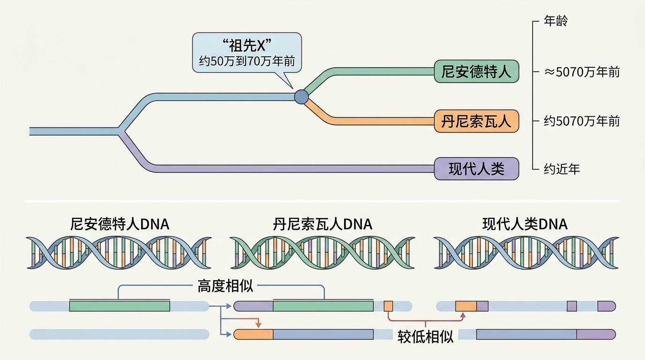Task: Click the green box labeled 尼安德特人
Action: [x=476, y=72]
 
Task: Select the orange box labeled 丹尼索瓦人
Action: [x=476, y=121]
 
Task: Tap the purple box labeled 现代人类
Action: [x=476, y=169]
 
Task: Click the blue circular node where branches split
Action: [x=301, y=97]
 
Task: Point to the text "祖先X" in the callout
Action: [x=247, y=46]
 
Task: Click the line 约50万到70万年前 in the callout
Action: [x=247, y=61]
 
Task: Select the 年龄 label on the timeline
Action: [x=556, y=21]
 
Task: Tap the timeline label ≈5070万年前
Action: [x=582, y=72]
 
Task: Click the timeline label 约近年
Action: [x=562, y=169]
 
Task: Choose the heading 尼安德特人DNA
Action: [x=120, y=225]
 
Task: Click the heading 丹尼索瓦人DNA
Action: [x=322, y=225]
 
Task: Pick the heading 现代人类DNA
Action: [x=525, y=225]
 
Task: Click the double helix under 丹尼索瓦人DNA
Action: [x=322, y=252]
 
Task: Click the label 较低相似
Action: [x=425, y=337]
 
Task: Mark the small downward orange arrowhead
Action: [x=257, y=324]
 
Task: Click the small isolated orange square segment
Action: [x=388, y=306]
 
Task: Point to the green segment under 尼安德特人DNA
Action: [x=120, y=306]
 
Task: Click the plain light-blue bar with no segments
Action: [x=120, y=334]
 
